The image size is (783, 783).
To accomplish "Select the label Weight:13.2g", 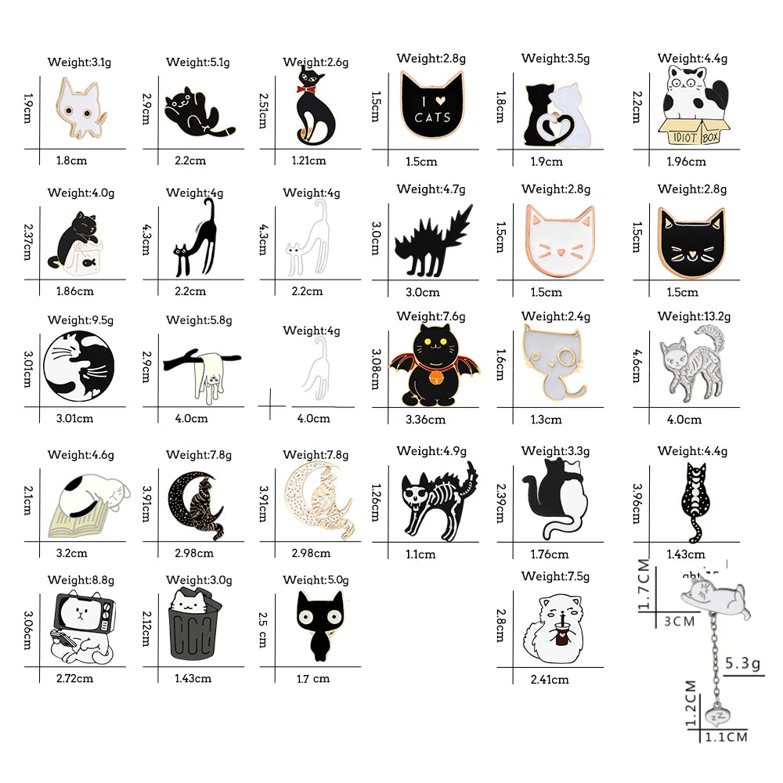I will click(694, 316).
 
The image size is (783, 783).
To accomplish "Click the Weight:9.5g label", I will click(81, 319).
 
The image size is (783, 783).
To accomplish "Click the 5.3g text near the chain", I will click(743, 664).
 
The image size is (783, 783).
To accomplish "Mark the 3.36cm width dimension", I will click(425, 420).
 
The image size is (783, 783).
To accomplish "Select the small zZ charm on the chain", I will click(717, 714).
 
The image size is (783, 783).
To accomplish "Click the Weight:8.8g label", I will click(81, 580).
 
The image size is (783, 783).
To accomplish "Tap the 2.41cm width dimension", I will click(549, 679).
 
